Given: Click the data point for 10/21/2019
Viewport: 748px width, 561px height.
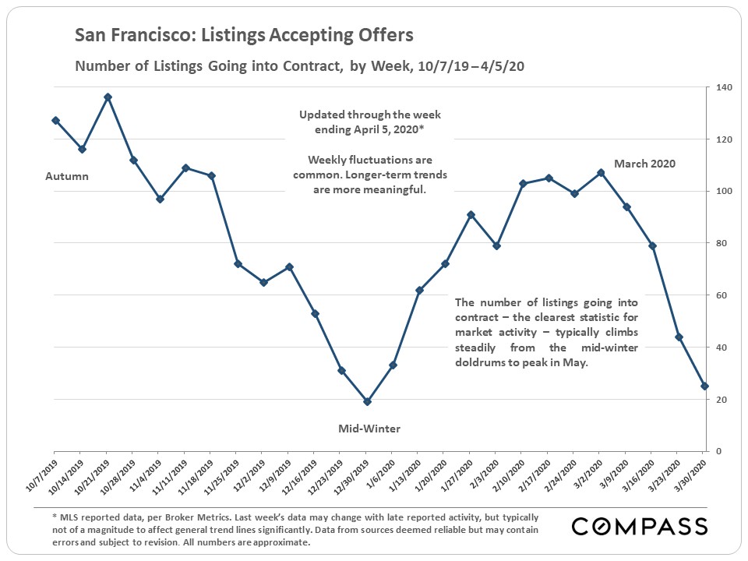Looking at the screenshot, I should coord(108,97).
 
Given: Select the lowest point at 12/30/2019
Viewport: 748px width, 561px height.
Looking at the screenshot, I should coord(366,402).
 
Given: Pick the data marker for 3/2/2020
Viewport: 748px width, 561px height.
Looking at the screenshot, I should coord(599,173).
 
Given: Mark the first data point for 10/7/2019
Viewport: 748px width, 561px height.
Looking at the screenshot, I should coord(55,120).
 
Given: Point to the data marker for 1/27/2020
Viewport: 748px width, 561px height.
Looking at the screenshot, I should coord(470,214).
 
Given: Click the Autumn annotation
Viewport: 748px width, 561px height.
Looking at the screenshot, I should coord(66,176).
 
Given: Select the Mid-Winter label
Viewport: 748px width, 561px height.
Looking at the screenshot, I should coord(369,429).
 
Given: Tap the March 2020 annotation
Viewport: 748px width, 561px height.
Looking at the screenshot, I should coord(644,164).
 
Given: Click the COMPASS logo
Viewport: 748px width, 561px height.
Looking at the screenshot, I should coord(640,526).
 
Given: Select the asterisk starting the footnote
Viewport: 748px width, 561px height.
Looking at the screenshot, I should coord(55,517).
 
